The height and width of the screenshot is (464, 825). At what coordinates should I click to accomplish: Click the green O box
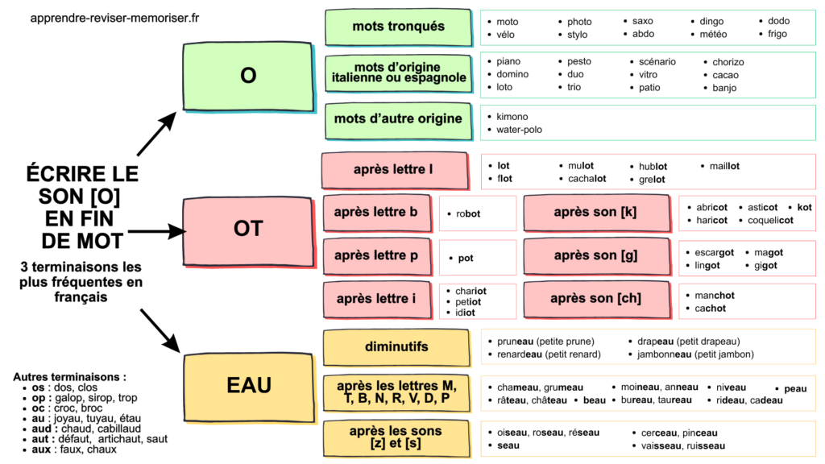(x=247, y=76)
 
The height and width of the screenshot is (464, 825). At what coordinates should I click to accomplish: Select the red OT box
(x=247, y=230)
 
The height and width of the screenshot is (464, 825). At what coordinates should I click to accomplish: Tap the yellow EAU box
(x=247, y=385)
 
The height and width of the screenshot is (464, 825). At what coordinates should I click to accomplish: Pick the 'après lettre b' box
(x=375, y=213)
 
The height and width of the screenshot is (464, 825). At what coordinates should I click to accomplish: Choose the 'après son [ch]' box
(x=595, y=299)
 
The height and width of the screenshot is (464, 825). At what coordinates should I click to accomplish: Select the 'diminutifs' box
(x=396, y=347)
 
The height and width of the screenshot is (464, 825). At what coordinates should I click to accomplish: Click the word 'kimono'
(x=512, y=117)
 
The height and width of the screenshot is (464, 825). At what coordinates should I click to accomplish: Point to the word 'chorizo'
(x=728, y=62)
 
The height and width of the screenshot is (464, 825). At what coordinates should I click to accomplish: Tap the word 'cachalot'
(x=587, y=179)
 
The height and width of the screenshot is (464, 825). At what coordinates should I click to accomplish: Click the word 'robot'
(x=468, y=214)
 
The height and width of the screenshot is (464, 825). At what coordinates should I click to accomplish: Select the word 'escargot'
(x=714, y=252)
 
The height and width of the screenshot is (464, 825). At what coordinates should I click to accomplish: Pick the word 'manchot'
(x=715, y=296)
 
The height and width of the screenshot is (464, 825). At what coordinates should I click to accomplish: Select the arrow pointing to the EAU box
(x=160, y=329)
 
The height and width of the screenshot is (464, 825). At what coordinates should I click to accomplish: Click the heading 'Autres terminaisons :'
(x=70, y=376)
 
